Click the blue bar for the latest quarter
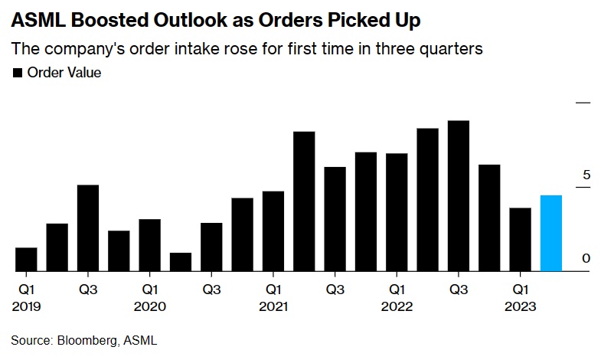pyautogui.click(x=550, y=233)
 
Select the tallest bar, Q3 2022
pyautogui.click(x=458, y=196)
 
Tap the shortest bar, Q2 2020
pyautogui.click(x=181, y=262)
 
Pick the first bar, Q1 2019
pyautogui.click(x=26, y=259)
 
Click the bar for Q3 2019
pyautogui.click(x=88, y=228)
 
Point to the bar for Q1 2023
pyautogui.click(x=520, y=239)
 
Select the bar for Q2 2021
pyautogui.click(x=304, y=201)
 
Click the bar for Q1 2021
pyautogui.click(x=273, y=231)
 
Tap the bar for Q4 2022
pyautogui.click(x=489, y=218)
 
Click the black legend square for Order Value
pyautogui.click(x=18, y=74)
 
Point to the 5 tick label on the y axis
pyautogui.click(x=586, y=175)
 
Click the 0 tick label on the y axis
pyautogui.click(x=586, y=258)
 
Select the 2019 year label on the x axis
pyautogui.click(x=26, y=306)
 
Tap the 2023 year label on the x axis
pyautogui.click(x=520, y=306)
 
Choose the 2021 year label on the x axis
pyautogui.click(x=273, y=306)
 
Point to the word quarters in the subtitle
pyautogui.click(x=452, y=49)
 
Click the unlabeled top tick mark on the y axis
pyautogui.click(x=584, y=102)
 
